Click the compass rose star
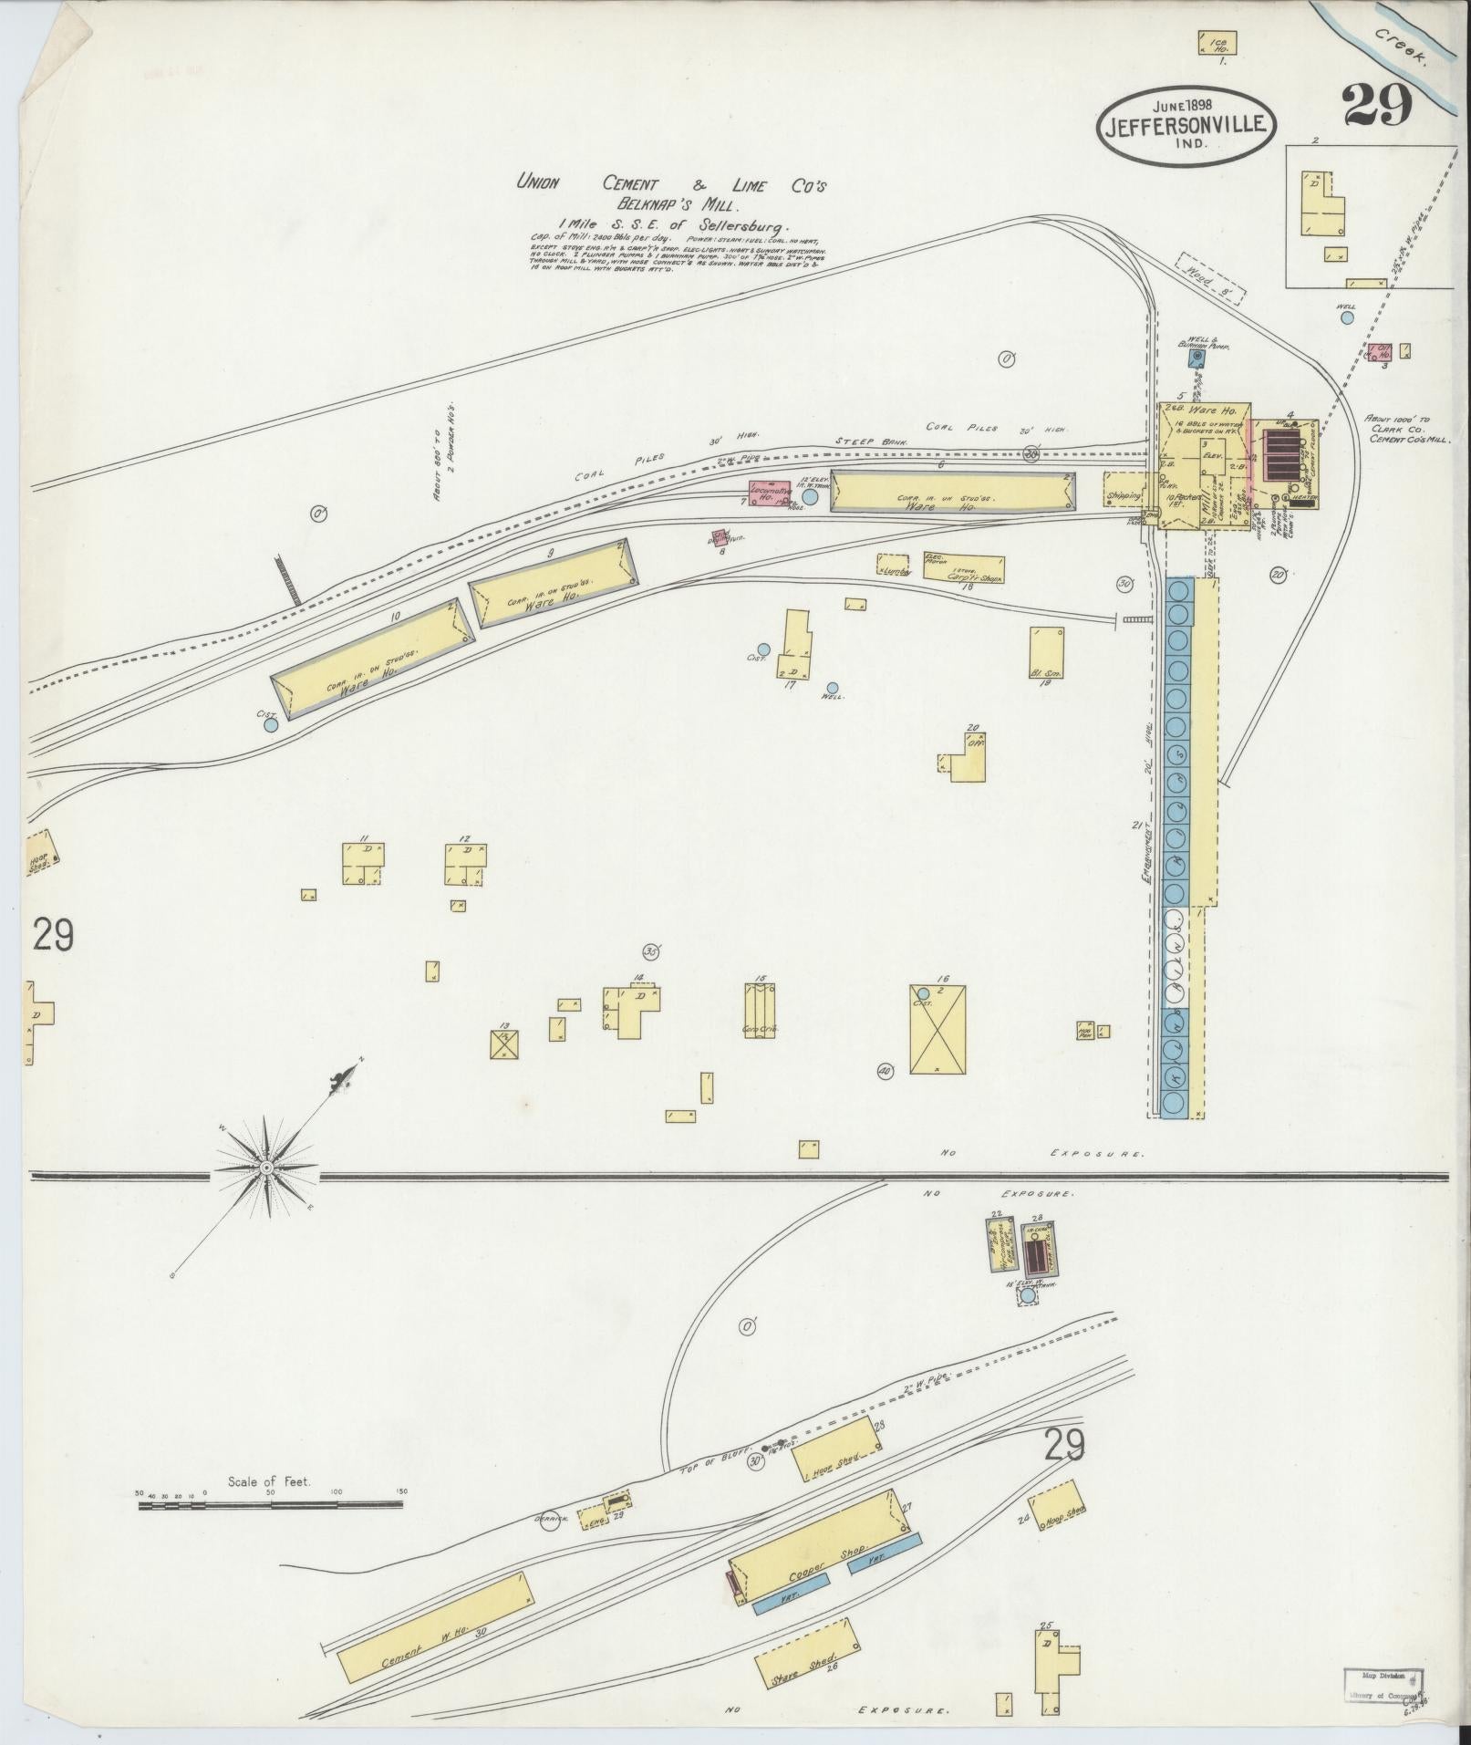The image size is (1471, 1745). tap(265, 1167)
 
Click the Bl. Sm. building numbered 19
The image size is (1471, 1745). tap(1047, 650)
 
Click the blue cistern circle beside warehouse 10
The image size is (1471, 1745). tap(270, 726)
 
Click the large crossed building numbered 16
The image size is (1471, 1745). tap(938, 1029)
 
